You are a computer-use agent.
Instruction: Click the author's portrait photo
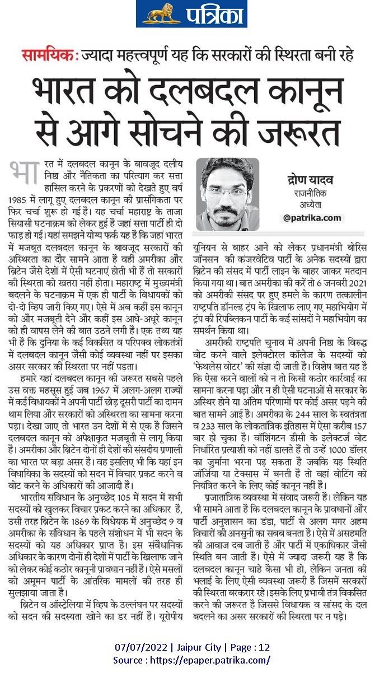227,194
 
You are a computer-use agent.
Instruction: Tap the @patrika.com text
312,217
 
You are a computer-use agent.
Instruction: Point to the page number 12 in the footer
264,647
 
